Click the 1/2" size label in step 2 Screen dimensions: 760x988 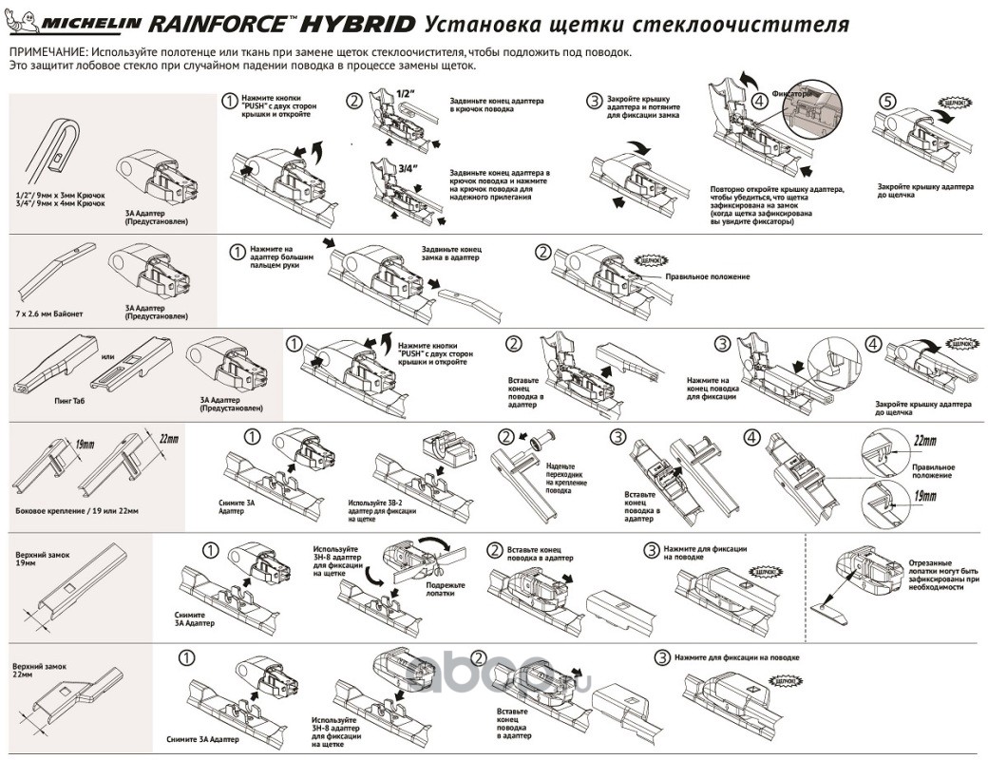[x=406, y=94]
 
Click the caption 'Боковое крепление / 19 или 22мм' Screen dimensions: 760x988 [x=78, y=511]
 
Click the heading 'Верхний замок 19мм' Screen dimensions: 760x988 [x=36, y=557]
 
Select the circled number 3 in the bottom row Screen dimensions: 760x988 [x=661, y=657]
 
